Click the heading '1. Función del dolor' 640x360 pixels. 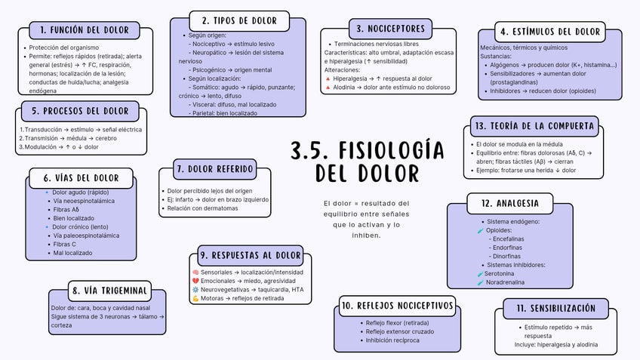pos(85,30)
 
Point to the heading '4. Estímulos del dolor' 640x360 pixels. pos(549,32)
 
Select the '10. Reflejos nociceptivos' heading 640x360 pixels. pos(397,306)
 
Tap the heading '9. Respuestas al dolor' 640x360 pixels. pos(251,255)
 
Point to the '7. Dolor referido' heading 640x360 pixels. pos(214,168)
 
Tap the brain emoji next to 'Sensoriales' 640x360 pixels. pos(195,272)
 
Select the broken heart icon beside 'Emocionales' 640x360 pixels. pos(195,281)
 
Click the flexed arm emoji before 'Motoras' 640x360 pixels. pos(195,299)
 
